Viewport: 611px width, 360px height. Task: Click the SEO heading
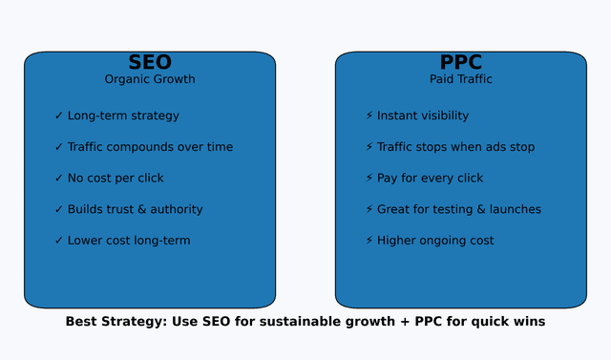[x=150, y=62]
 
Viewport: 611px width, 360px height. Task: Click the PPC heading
[x=460, y=62]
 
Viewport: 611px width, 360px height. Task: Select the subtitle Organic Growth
[x=150, y=79]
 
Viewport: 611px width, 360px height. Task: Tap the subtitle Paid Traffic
[x=461, y=79]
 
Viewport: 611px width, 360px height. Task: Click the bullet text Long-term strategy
[x=123, y=116]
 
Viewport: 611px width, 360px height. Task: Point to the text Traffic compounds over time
[x=150, y=147]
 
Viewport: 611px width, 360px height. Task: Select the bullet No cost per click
[x=116, y=178]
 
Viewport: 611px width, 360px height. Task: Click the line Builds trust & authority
[x=135, y=209]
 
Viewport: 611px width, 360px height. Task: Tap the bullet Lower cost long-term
[x=129, y=241]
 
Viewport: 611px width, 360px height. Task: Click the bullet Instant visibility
[x=423, y=116]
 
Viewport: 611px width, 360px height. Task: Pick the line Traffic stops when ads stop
[x=455, y=147]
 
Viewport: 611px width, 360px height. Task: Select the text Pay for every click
[x=430, y=178]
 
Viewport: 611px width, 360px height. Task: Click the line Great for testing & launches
[x=459, y=209]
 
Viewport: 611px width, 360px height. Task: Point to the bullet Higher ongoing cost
[x=435, y=241]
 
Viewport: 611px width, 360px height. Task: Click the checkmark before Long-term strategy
[x=59, y=116]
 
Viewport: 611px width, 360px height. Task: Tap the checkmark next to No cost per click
[x=59, y=178]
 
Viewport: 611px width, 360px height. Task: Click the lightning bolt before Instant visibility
[x=369, y=116]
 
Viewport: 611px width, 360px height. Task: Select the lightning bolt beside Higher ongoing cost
[x=369, y=241]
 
